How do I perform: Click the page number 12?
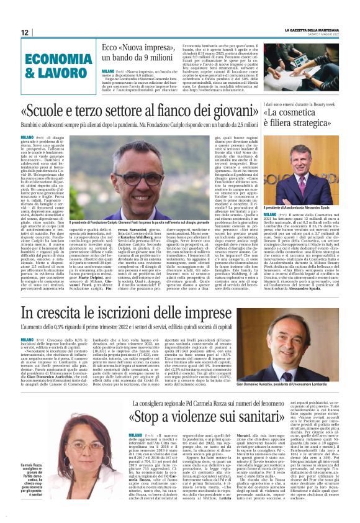(x=24, y=32)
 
